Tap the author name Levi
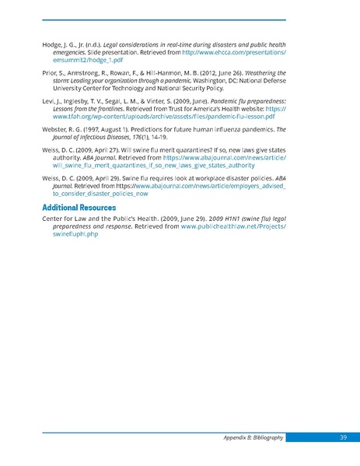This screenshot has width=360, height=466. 50,102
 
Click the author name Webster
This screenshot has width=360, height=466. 58,131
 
